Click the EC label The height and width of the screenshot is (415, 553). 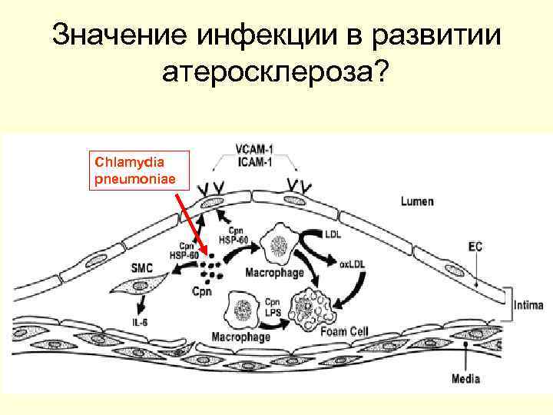(475, 247)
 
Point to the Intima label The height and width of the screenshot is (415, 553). (531, 304)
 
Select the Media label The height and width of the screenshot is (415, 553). (465, 378)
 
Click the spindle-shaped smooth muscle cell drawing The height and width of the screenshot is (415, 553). (138, 289)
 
